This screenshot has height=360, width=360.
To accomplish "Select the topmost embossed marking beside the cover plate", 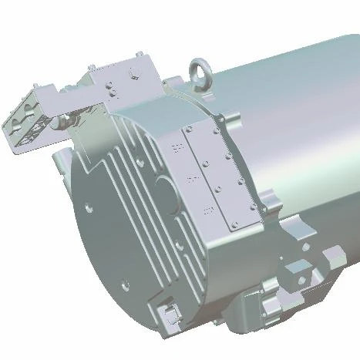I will [176, 146].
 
